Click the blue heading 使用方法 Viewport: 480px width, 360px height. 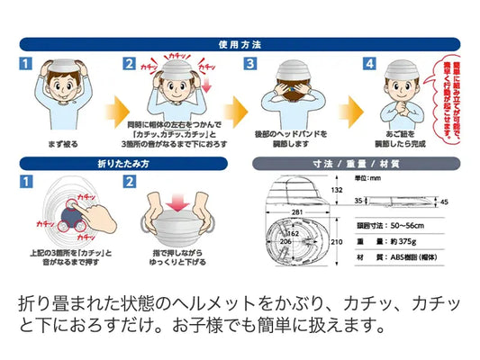[x=240, y=43]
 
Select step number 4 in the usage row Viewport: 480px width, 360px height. [x=368, y=65]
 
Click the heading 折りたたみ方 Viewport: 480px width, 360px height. [x=126, y=164]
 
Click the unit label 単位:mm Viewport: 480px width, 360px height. [x=368, y=178]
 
